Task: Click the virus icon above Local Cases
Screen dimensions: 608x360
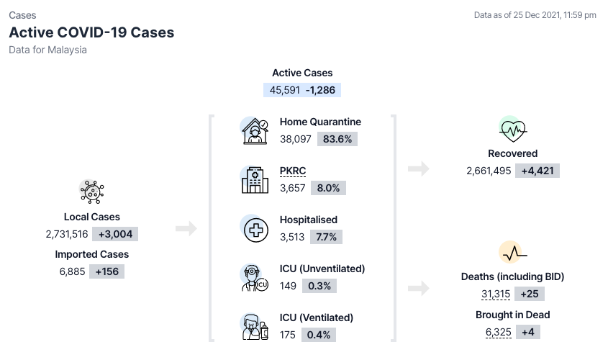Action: (92, 192)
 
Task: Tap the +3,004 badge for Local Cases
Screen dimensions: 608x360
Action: (115, 234)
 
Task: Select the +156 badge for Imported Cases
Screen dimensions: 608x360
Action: (106, 271)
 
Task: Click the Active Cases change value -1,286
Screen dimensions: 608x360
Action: (320, 90)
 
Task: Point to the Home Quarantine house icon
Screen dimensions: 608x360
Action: (255, 131)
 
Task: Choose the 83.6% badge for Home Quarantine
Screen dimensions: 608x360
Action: (337, 139)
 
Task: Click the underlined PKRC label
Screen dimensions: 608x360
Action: (293, 171)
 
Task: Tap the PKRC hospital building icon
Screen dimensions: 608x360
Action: (255, 180)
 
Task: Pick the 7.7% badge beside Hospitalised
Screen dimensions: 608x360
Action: (326, 237)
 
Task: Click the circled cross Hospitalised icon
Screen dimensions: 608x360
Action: (255, 230)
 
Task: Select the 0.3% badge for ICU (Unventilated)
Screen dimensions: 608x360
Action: (319, 286)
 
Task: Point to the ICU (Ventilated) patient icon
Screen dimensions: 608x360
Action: (255, 327)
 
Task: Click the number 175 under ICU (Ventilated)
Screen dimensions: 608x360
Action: (287, 335)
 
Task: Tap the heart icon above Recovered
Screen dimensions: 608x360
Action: (512, 130)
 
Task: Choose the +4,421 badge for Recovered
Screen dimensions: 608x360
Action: (537, 171)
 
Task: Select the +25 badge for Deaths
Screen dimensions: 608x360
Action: (530, 294)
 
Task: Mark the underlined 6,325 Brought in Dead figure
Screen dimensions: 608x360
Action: (498, 333)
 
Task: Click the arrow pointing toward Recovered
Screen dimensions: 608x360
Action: (419, 168)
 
